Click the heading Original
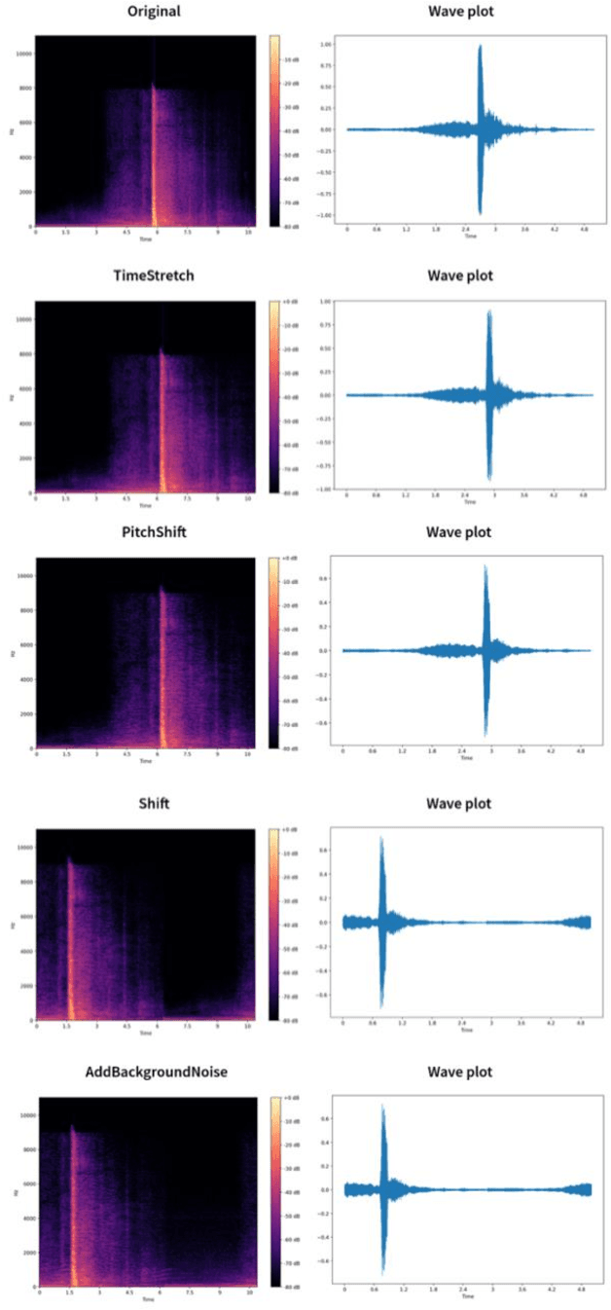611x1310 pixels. [x=153, y=13]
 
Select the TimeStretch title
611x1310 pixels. [x=153, y=275]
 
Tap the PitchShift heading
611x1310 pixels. [x=153, y=532]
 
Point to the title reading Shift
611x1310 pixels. [x=153, y=803]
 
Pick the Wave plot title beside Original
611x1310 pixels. [x=459, y=13]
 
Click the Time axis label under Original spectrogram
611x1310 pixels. [x=144, y=239]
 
